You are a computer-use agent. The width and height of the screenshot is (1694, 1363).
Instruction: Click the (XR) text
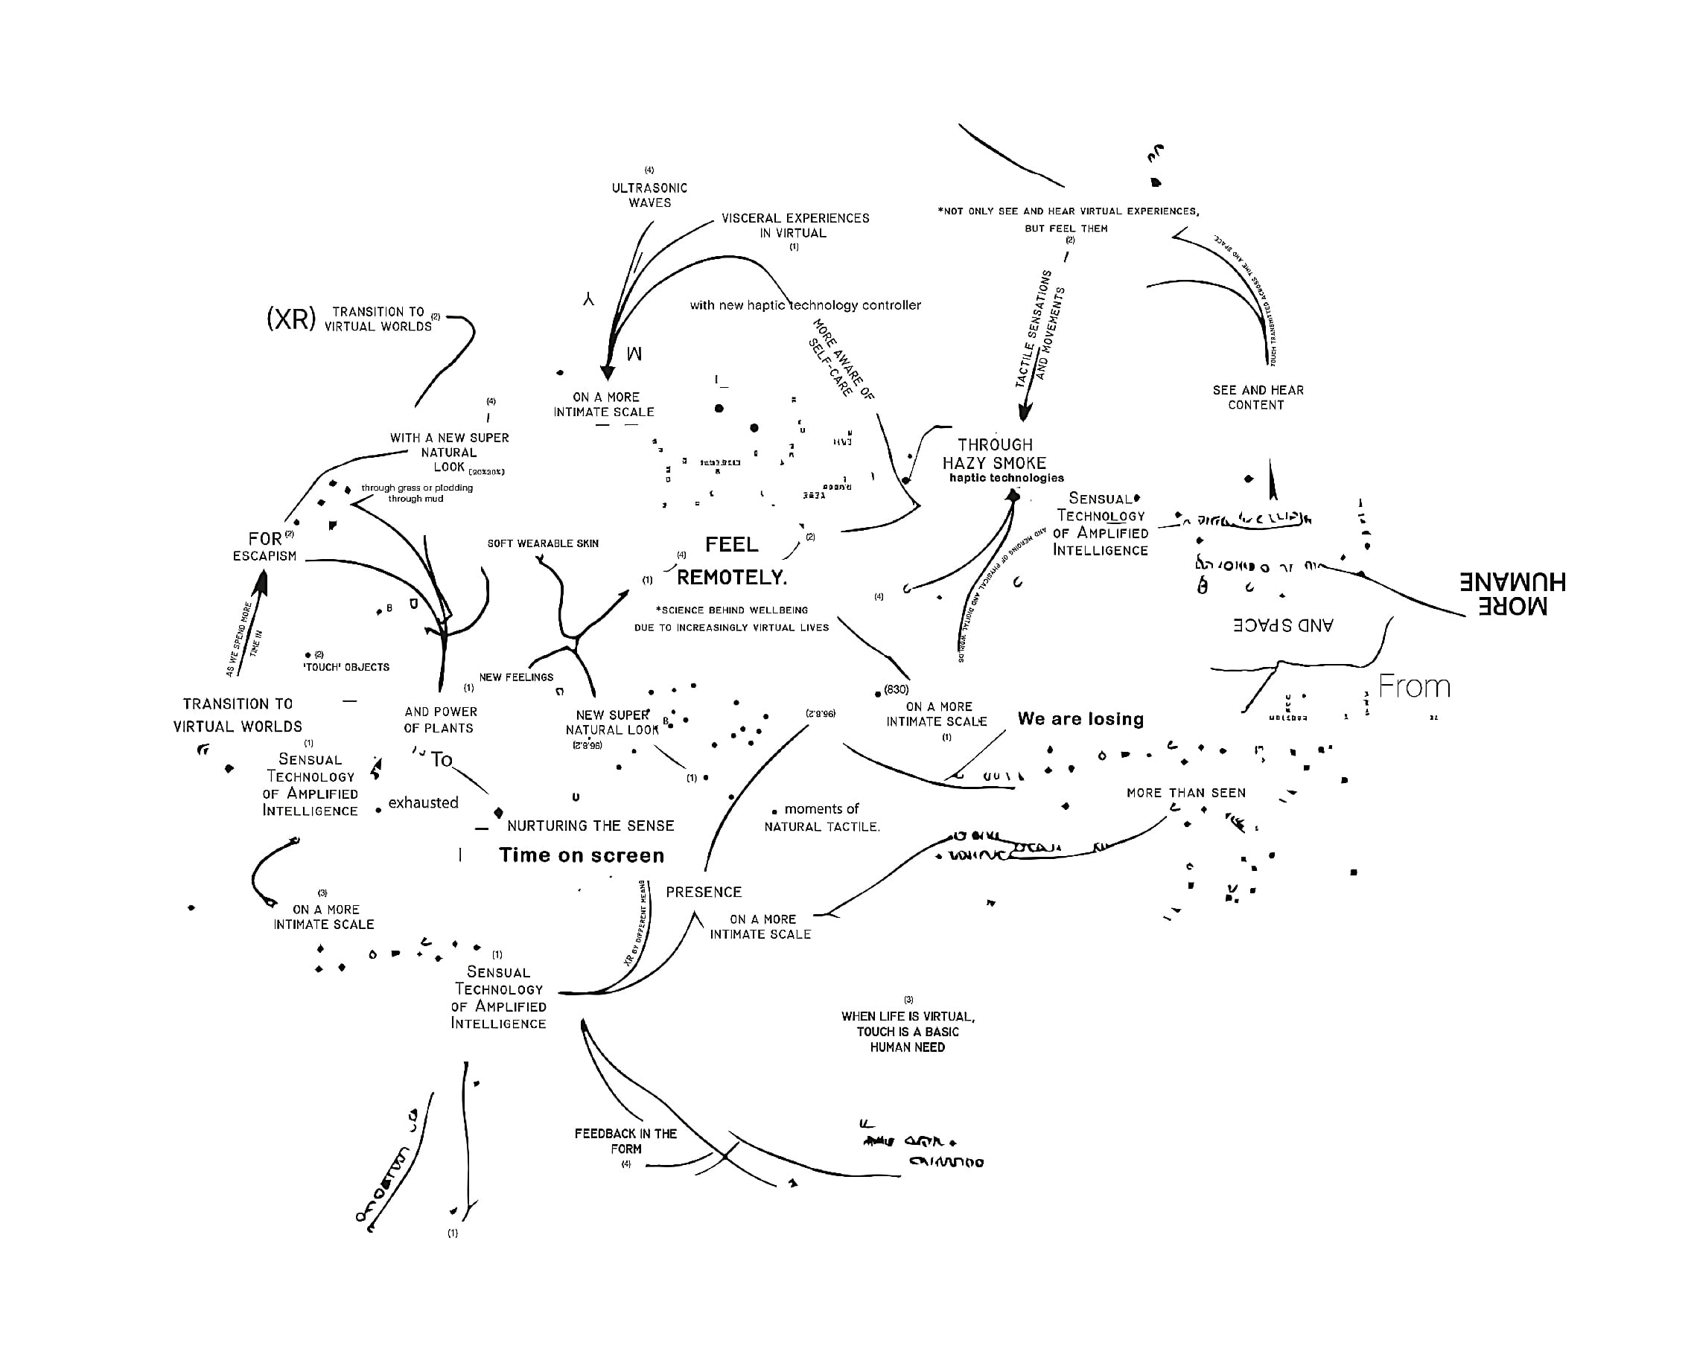coord(290,319)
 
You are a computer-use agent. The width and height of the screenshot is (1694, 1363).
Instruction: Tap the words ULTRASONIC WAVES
coord(650,195)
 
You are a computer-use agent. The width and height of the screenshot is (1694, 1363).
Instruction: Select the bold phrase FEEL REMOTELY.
coord(731,561)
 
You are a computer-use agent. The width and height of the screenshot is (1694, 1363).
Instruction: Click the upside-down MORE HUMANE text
coord(1512,593)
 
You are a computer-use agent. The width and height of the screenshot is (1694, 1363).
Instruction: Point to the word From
coord(1413,686)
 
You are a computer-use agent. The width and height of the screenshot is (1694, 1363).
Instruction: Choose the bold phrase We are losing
coord(1080,719)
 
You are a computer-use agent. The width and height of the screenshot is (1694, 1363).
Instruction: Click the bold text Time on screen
coord(582,855)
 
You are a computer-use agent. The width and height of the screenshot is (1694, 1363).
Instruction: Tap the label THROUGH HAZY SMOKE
coord(995,454)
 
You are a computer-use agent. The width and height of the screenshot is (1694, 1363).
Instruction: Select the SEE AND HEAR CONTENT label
coord(1257,398)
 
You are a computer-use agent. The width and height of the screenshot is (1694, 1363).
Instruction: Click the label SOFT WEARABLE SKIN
coord(543,543)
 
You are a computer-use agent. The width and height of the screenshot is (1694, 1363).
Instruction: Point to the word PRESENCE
coord(703,893)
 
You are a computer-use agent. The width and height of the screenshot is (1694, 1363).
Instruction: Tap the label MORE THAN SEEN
coord(1185,794)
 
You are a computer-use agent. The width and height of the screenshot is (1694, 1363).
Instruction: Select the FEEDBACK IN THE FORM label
coord(625,1140)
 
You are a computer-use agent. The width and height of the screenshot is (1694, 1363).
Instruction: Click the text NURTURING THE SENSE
coord(590,826)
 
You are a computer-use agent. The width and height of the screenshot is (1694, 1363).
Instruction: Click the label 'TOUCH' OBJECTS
coord(346,668)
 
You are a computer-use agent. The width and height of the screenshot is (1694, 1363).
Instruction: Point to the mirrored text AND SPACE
coord(1282,625)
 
